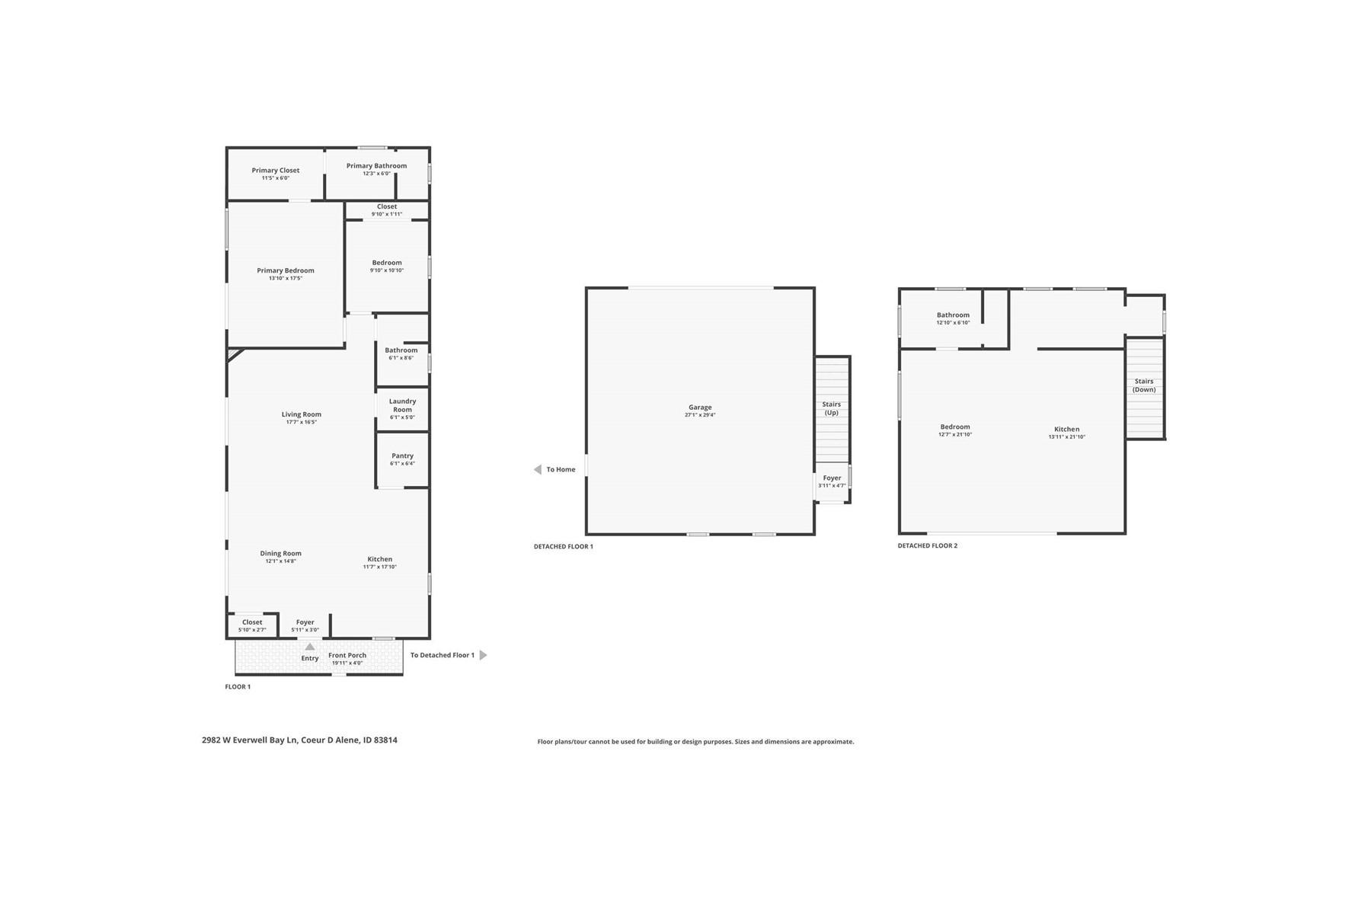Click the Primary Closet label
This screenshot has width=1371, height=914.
[x=276, y=171]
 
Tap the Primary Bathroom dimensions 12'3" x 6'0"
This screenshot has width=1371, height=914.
[x=376, y=174]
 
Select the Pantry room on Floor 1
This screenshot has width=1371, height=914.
[x=402, y=460]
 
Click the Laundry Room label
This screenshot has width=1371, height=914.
[x=402, y=405]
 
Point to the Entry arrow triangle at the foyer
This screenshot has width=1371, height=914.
[x=310, y=647]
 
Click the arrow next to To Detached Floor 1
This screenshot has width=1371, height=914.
[x=483, y=655]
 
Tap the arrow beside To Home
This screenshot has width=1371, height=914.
[x=538, y=470]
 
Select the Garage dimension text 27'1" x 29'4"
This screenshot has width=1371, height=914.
[x=700, y=415]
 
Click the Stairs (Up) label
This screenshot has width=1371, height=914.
[x=832, y=408]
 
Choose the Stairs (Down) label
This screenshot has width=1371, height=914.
[x=1144, y=385]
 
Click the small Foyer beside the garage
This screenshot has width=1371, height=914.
[x=832, y=482]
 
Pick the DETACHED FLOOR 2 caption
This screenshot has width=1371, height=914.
[x=928, y=546]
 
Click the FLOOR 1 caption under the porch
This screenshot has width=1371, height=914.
[x=238, y=687]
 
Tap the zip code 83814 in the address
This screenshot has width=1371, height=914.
[x=385, y=740]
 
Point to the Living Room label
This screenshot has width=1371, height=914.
[x=302, y=414]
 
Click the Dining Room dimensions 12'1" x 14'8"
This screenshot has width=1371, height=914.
[x=280, y=561]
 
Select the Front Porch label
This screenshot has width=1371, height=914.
[x=347, y=655]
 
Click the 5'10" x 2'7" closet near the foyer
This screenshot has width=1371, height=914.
[x=252, y=626]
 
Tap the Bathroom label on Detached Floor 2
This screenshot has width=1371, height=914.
[x=953, y=315]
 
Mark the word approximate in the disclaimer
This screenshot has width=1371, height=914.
[x=833, y=742]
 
